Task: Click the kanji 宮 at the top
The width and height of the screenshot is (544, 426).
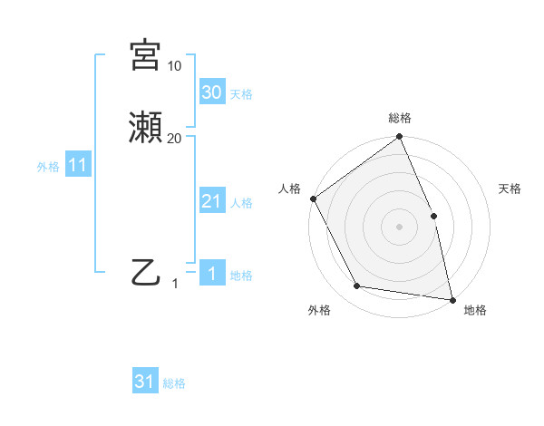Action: tap(144, 54)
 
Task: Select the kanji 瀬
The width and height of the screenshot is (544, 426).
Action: tap(144, 128)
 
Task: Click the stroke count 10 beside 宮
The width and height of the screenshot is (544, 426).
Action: tap(174, 66)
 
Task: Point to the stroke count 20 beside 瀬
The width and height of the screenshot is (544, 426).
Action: tap(174, 138)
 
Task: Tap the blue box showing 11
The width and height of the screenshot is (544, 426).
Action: tap(78, 165)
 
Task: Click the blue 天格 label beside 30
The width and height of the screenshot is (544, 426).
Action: tap(241, 94)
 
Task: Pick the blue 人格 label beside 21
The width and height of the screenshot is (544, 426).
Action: tap(241, 203)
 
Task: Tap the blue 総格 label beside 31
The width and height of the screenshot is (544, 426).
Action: tap(174, 383)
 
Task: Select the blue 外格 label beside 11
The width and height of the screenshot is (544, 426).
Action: tap(48, 167)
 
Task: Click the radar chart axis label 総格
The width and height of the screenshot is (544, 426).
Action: tap(400, 118)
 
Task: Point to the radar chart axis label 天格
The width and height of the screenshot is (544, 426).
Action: tap(510, 189)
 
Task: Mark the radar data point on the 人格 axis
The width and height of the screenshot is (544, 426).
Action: tap(313, 198)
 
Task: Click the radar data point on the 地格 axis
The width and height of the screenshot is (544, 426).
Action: tap(452, 299)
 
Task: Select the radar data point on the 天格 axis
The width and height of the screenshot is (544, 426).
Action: tap(433, 216)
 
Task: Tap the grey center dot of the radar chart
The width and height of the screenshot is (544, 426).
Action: tap(400, 227)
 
